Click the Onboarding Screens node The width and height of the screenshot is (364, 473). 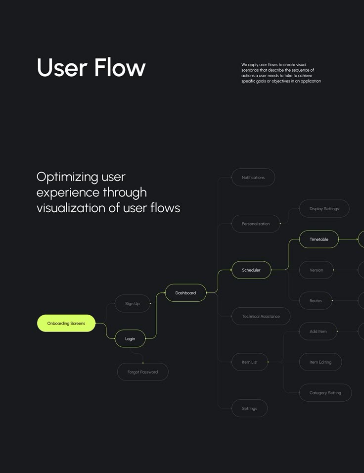[x=66, y=324]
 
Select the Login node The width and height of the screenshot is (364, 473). [x=130, y=339]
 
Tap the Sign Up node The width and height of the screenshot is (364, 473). [x=133, y=304]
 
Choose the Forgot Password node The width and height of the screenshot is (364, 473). [x=142, y=372]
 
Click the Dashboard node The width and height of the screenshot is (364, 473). [x=185, y=293]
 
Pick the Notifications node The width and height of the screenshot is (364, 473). [x=253, y=178]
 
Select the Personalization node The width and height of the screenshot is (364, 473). [x=256, y=224]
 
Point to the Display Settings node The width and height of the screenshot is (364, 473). [x=324, y=209]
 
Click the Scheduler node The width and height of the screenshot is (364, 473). [x=251, y=270]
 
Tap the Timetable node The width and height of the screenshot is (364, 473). [x=319, y=239]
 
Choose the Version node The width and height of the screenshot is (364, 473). [x=316, y=270]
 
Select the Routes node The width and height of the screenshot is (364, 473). [x=316, y=301]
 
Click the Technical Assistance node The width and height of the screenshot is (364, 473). [x=261, y=316]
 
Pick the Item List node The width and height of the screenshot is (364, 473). [x=250, y=362]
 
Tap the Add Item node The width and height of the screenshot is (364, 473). [x=318, y=331]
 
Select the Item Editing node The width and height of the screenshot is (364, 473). [x=320, y=362]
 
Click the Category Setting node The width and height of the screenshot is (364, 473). [x=325, y=393]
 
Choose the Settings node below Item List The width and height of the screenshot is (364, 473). [x=249, y=409]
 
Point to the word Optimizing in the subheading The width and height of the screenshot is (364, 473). [x=67, y=177]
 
